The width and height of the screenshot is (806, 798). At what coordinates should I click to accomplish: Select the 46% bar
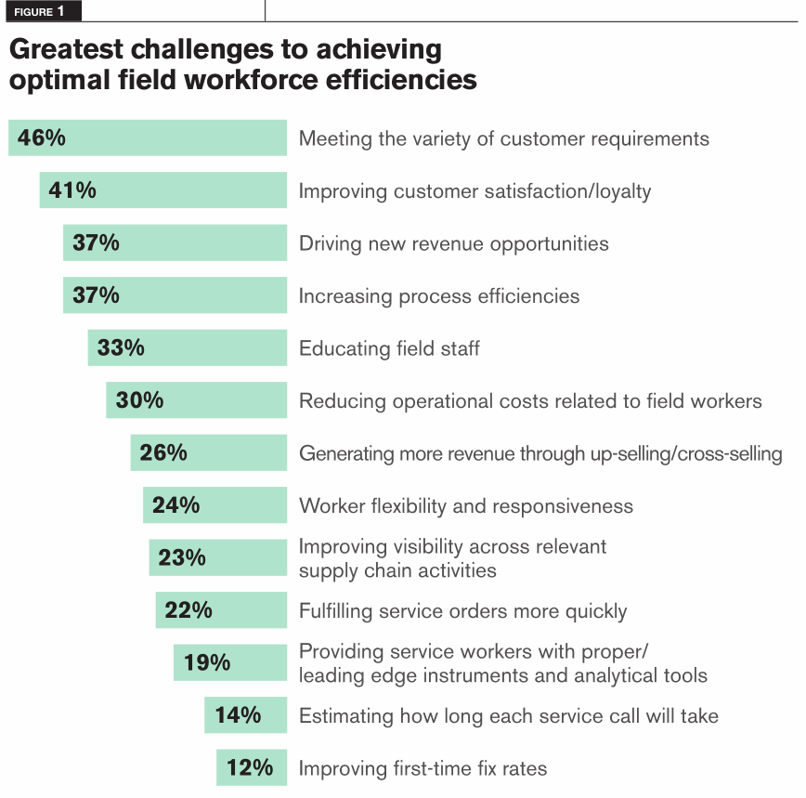click(148, 138)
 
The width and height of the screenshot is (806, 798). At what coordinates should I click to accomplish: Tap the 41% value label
click(72, 190)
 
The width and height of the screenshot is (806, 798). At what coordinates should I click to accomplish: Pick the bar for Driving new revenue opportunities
click(175, 243)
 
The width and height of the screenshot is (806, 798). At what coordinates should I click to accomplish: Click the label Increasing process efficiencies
click(438, 296)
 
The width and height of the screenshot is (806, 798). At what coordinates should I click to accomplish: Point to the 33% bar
click(188, 348)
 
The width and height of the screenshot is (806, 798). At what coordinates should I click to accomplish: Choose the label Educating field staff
click(389, 349)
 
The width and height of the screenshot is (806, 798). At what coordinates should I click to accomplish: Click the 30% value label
click(139, 400)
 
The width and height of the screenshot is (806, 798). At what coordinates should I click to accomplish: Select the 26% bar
click(209, 452)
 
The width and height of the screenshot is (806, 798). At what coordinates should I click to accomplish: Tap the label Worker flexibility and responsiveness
click(465, 506)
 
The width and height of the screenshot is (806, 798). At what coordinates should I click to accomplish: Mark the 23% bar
click(218, 557)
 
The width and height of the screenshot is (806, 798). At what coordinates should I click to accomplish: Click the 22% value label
click(188, 610)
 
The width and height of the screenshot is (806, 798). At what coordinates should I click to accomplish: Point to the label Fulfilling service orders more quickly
click(462, 611)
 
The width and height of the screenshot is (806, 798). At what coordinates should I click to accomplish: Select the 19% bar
click(230, 662)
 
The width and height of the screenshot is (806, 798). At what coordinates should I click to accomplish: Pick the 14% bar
click(246, 715)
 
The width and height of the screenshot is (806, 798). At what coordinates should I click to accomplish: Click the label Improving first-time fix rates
click(422, 768)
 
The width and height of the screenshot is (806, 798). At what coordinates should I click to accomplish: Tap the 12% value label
click(250, 767)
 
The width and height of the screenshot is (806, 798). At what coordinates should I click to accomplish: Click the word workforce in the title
click(251, 80)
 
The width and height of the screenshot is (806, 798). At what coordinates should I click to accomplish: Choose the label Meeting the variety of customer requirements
click(503, 139)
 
